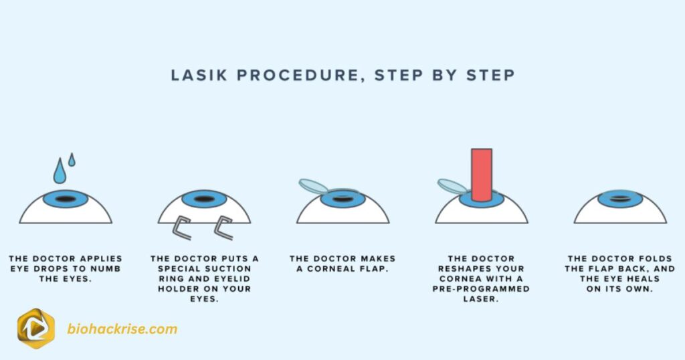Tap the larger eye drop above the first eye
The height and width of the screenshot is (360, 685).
click(x=60, y=173)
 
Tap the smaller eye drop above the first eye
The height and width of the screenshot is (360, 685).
click(x=72, y=160)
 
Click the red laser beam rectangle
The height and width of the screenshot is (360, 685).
click(x=481, y=174)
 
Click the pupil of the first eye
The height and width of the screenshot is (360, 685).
click(x=66, y=199)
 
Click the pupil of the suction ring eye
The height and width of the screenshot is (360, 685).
click(x=204, y=199)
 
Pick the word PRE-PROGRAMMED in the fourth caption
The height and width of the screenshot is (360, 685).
click(x=481, y=289)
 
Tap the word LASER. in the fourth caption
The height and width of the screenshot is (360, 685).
click(x=481, y=299)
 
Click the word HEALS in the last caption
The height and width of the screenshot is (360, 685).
click(x=642, y=278)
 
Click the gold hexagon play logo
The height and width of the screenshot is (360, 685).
click(x=35, y=329)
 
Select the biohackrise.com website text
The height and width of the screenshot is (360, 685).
click(x=122, y=329)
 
